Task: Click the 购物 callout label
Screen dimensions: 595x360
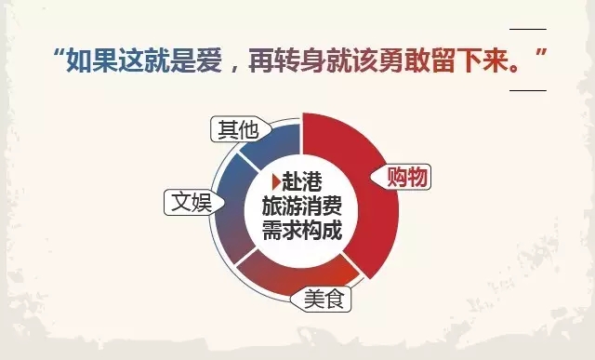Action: (x=403, y=177)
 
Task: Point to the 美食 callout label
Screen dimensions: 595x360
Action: (x=321, y=299)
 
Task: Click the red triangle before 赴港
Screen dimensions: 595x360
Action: (x=277, y=181)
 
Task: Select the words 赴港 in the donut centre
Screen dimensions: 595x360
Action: (x=302, y=181)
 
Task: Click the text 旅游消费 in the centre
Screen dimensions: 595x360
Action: (x=302, y=207)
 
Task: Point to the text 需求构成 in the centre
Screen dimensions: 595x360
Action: (x=302, y=230)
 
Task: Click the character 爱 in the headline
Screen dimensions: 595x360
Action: (x=209, y=60)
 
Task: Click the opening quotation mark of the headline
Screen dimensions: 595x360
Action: (x=58, y=53)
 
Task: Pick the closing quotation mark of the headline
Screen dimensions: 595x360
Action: (x=541, y=53)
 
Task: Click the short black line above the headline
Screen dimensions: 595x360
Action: (x=528, y=29)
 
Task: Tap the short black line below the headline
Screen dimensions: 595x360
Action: (x=528, y=91)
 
